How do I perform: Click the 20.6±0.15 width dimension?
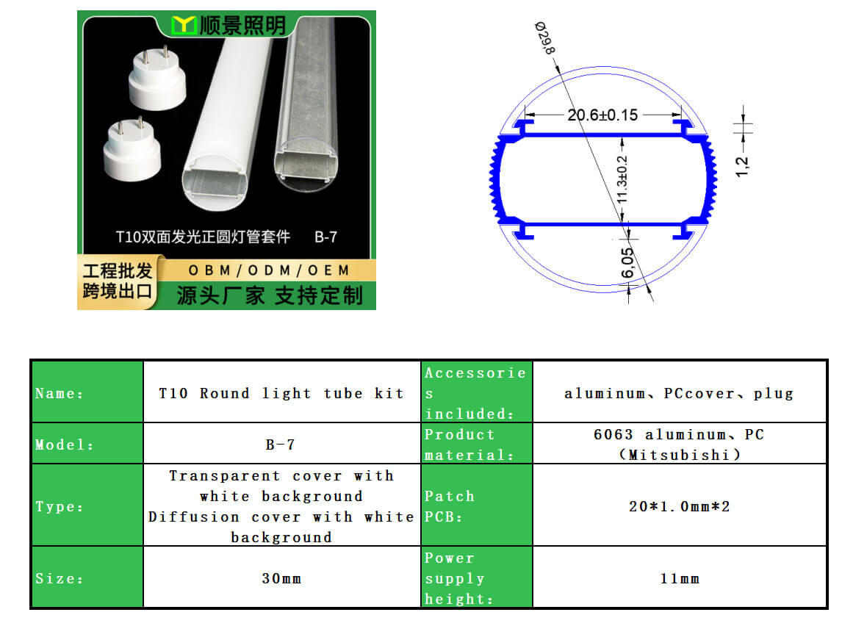(x=602, y=115)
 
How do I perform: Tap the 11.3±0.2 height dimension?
(x=622, y=179)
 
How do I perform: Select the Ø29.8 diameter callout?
(x=544, y=37)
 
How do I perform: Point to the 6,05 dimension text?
(x=627, y=262)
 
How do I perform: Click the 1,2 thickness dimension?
(x=742, y=167)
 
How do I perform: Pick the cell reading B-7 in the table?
(x=281, y=445)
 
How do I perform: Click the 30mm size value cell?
(x=281, y=578)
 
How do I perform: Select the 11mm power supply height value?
(x=680, y=578)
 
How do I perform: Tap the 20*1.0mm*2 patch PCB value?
(x=680, y=506)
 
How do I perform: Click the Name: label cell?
(x=87, y=393)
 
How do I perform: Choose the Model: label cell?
(x=87, y=445)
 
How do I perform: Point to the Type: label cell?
(x=87, y=506)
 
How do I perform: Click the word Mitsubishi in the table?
(x=680, y=455)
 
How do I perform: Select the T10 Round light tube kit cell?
(x=281, y=393)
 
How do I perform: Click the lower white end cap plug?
(x=132, y=149)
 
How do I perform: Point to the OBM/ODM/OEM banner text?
(x=269, y=270)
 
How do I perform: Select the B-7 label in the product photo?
(x=325, y=237)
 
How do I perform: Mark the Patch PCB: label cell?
(x=476, y=506)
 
